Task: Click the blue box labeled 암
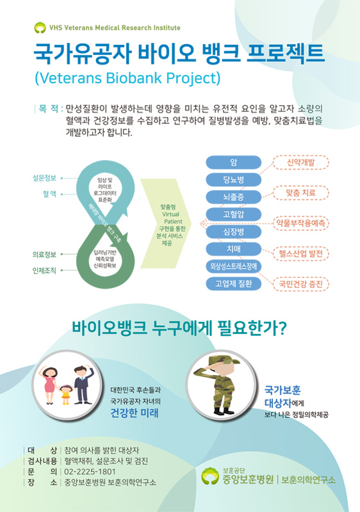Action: [x=234, y=161]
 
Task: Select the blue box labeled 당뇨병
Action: [x=234, y=179]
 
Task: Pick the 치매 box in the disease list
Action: [x=234, y=248]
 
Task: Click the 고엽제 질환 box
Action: [x=234, y=283]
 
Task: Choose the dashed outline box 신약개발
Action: [x=301, y=162]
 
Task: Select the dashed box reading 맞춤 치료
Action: [x=301, y=192]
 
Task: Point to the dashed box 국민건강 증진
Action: [x=301, y=283]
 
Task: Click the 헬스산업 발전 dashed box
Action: [x=301, y=253]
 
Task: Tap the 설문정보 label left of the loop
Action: [x=44, y=177]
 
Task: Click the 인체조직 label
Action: [x=44, y=270]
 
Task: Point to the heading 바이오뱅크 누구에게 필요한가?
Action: [x=179, y=330]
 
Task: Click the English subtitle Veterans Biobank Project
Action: [x=127, y=78]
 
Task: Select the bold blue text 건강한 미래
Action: [x=135, y=413]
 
